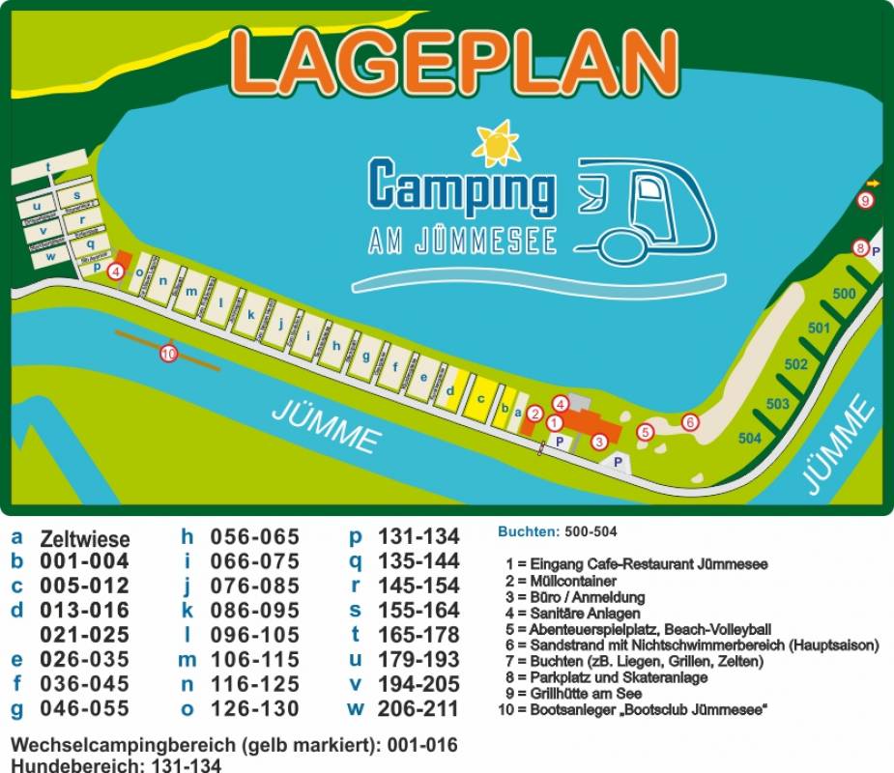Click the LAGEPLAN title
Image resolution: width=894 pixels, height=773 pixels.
tap(454, 60)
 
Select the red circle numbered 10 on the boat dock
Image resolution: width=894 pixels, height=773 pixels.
tap(169, 354)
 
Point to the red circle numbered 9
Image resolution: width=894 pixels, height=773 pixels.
tap(866, 200)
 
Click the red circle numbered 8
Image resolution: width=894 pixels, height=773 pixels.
tap(860, 248)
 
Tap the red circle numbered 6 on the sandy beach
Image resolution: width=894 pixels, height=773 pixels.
tap(689, 421)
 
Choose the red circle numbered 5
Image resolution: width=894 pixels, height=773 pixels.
tap(646, 433)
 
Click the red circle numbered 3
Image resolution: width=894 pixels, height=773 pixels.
tap(599, 442)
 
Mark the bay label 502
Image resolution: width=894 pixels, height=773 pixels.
tap(795, 364)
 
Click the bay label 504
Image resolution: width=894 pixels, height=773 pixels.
tap(750, 438)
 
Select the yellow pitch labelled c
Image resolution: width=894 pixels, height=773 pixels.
tap(479, 398)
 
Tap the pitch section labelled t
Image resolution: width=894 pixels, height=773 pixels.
tap(47, 167)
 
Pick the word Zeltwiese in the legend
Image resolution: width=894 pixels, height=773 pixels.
tap(84, 539)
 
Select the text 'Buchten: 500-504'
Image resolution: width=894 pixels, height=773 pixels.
tap(557, 531)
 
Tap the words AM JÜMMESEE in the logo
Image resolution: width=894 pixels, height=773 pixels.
tap(463, 241)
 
